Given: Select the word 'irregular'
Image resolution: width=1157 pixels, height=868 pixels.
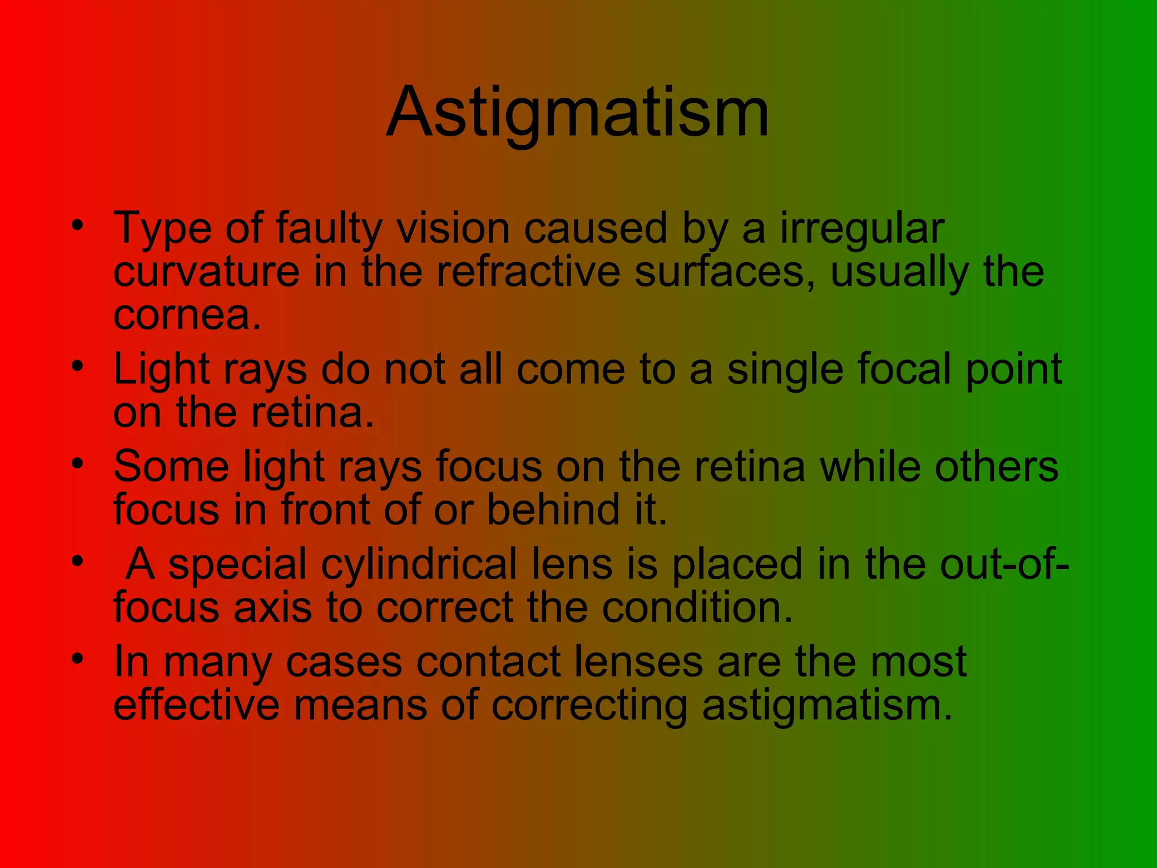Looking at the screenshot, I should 862,229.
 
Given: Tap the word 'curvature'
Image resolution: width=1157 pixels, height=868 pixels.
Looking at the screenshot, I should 206,272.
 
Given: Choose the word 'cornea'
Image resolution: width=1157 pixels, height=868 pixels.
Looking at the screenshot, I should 182,315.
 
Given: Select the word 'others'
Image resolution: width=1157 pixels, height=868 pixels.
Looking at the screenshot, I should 997,467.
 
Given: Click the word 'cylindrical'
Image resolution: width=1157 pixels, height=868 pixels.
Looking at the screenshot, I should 419,564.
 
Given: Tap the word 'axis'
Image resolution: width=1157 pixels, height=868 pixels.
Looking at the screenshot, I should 272,607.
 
